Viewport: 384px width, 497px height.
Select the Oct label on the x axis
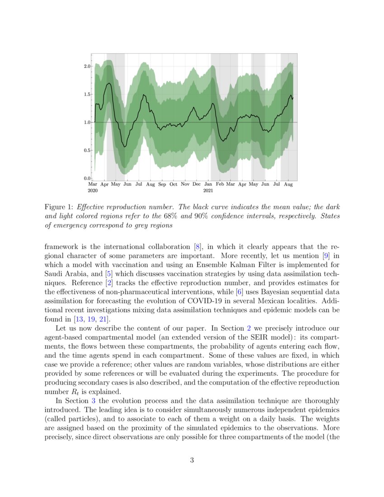tap(173, 184)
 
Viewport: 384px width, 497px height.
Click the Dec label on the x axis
tap(197, 184)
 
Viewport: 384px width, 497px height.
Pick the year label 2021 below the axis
tap(208, 191)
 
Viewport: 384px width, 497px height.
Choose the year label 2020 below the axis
tap(93, 191)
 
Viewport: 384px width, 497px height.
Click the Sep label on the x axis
tap(162, 184)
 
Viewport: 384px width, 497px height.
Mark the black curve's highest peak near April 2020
tap(109, 83)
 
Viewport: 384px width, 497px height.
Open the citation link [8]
tap(197, 247)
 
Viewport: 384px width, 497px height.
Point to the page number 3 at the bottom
tap(192, 460)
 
